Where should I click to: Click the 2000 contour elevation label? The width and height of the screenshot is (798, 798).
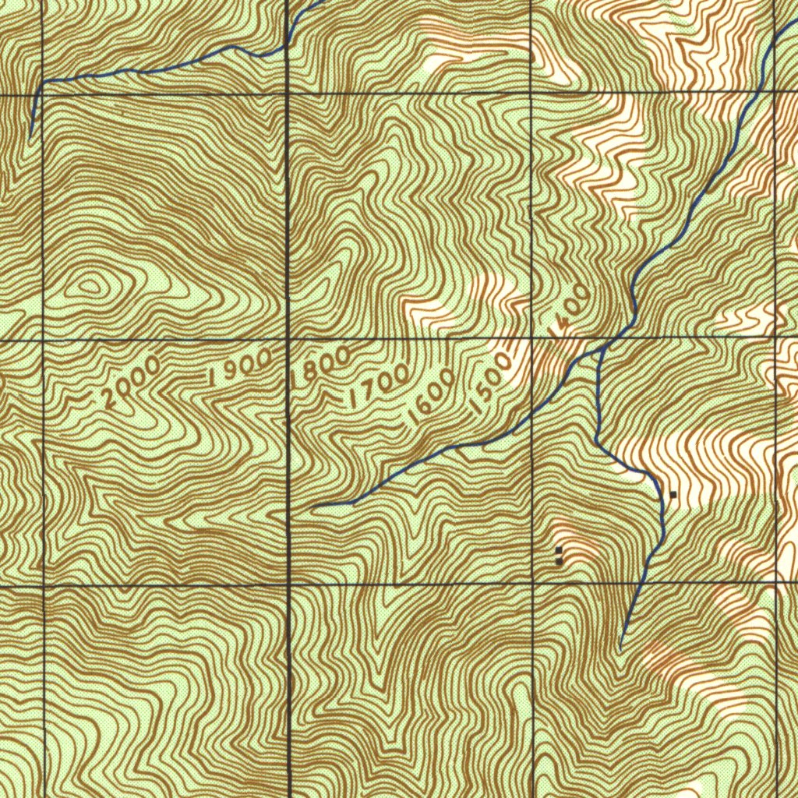[131, 383]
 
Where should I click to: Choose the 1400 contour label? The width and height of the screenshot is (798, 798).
[569, 312]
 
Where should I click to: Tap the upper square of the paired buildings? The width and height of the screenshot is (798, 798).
[559, 550]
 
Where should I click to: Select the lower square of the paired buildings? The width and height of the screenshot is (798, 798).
[559, 560]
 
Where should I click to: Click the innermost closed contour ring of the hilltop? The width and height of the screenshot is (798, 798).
[90, 287]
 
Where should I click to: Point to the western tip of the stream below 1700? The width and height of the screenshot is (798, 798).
[312, 507]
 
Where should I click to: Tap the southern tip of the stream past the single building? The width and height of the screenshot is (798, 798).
[620, 648]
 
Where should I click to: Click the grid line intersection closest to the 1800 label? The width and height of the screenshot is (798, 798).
[288, 340]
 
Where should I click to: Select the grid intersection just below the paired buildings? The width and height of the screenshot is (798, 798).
[532, 583]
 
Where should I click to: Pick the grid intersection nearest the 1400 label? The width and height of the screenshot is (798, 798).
[531, 338]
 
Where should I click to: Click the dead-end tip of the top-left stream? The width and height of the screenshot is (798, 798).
[30, 139]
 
